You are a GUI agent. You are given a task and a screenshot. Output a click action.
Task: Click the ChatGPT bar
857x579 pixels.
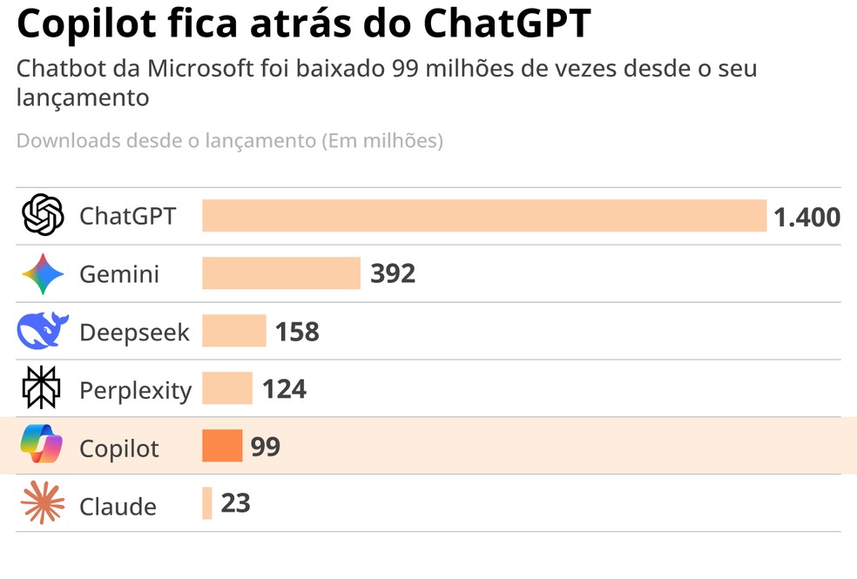coord(484,216)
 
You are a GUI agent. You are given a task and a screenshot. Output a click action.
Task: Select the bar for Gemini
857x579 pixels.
coord(281,273)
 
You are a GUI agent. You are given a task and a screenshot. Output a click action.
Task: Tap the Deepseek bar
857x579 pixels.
coord(233,331)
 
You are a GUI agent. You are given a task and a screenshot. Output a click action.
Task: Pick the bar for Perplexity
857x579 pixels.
coord(227,388)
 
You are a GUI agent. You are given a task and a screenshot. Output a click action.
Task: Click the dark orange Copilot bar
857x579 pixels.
coord(222,446)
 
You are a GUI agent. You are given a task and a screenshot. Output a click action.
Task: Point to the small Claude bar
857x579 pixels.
coord(207,503)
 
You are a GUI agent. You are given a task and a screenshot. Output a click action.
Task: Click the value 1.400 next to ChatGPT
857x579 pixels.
coord(806,217)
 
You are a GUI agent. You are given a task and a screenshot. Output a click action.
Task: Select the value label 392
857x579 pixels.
coord(393,273)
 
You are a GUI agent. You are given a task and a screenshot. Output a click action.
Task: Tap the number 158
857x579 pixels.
coord(297,331)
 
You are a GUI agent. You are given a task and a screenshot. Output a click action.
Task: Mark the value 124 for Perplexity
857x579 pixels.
coord(284,388)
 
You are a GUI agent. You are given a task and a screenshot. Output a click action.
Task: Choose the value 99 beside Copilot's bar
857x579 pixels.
coord(266,446)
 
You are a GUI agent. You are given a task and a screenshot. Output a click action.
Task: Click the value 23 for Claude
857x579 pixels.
coord(235,503)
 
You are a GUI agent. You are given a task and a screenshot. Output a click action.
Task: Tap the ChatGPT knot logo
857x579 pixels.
coord(43,215)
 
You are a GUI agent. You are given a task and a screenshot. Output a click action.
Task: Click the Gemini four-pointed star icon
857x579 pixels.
coord(43,274)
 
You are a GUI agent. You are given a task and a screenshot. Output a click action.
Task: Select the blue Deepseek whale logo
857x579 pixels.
coord(43,331)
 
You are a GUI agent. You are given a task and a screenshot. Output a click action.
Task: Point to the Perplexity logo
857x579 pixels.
coord(42,388)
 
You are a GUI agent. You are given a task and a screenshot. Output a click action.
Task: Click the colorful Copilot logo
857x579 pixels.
coord(42,446)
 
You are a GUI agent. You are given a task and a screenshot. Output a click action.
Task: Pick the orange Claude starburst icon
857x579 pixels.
coord(43,503)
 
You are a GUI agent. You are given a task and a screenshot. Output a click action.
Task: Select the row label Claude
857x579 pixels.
coord(118,506)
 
